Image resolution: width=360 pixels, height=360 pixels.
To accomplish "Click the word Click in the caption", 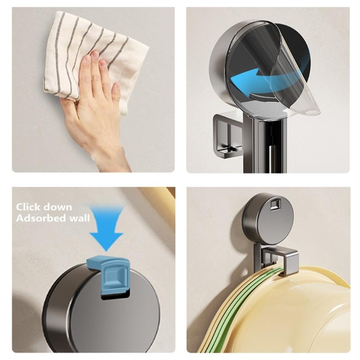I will coord(30,207).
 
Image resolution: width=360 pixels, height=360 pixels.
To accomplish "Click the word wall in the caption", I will coord(80,218).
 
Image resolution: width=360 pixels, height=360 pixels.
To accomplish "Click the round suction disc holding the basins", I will coord(268,220).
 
